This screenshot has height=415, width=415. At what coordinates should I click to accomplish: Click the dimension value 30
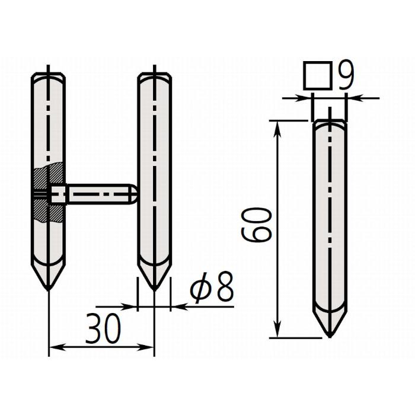pos(103,328)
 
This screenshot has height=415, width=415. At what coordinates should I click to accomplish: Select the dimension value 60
pos(257,225)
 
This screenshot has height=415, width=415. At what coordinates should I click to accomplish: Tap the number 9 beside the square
pos(344,75)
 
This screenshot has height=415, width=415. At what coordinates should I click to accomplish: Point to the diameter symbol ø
pos(201,288)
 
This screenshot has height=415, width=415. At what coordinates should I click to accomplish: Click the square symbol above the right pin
pos(317,75)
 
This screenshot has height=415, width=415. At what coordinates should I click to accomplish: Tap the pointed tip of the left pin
pos(49,289)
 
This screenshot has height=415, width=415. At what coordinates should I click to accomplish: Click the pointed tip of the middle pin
pos(155,289)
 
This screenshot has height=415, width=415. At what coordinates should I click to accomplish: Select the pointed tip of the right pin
pos(330,336)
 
